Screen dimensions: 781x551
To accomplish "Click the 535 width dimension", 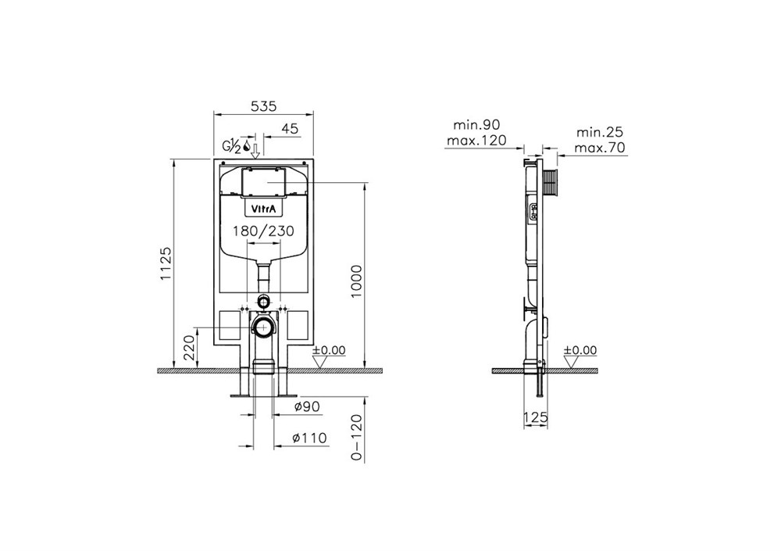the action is pyautogui.click(x=263, y=106).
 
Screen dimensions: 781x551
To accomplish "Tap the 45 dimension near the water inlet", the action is pyautogui.click(x=290, y=129).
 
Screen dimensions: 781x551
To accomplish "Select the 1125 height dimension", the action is pyautogui.click(x=166, y=263).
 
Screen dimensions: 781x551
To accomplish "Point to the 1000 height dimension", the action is pyautogui.click(x=357, y=281).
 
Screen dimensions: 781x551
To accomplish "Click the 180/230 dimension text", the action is pyautogui.click(x=264, y=231).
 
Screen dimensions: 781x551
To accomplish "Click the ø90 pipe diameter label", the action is pyautogui.click(x=306, y=407).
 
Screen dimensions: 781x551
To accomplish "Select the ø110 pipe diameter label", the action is pyautogui.click(x=309, y=438).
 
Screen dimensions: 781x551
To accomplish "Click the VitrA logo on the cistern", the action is pyautogui.click(x=263, y=209).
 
